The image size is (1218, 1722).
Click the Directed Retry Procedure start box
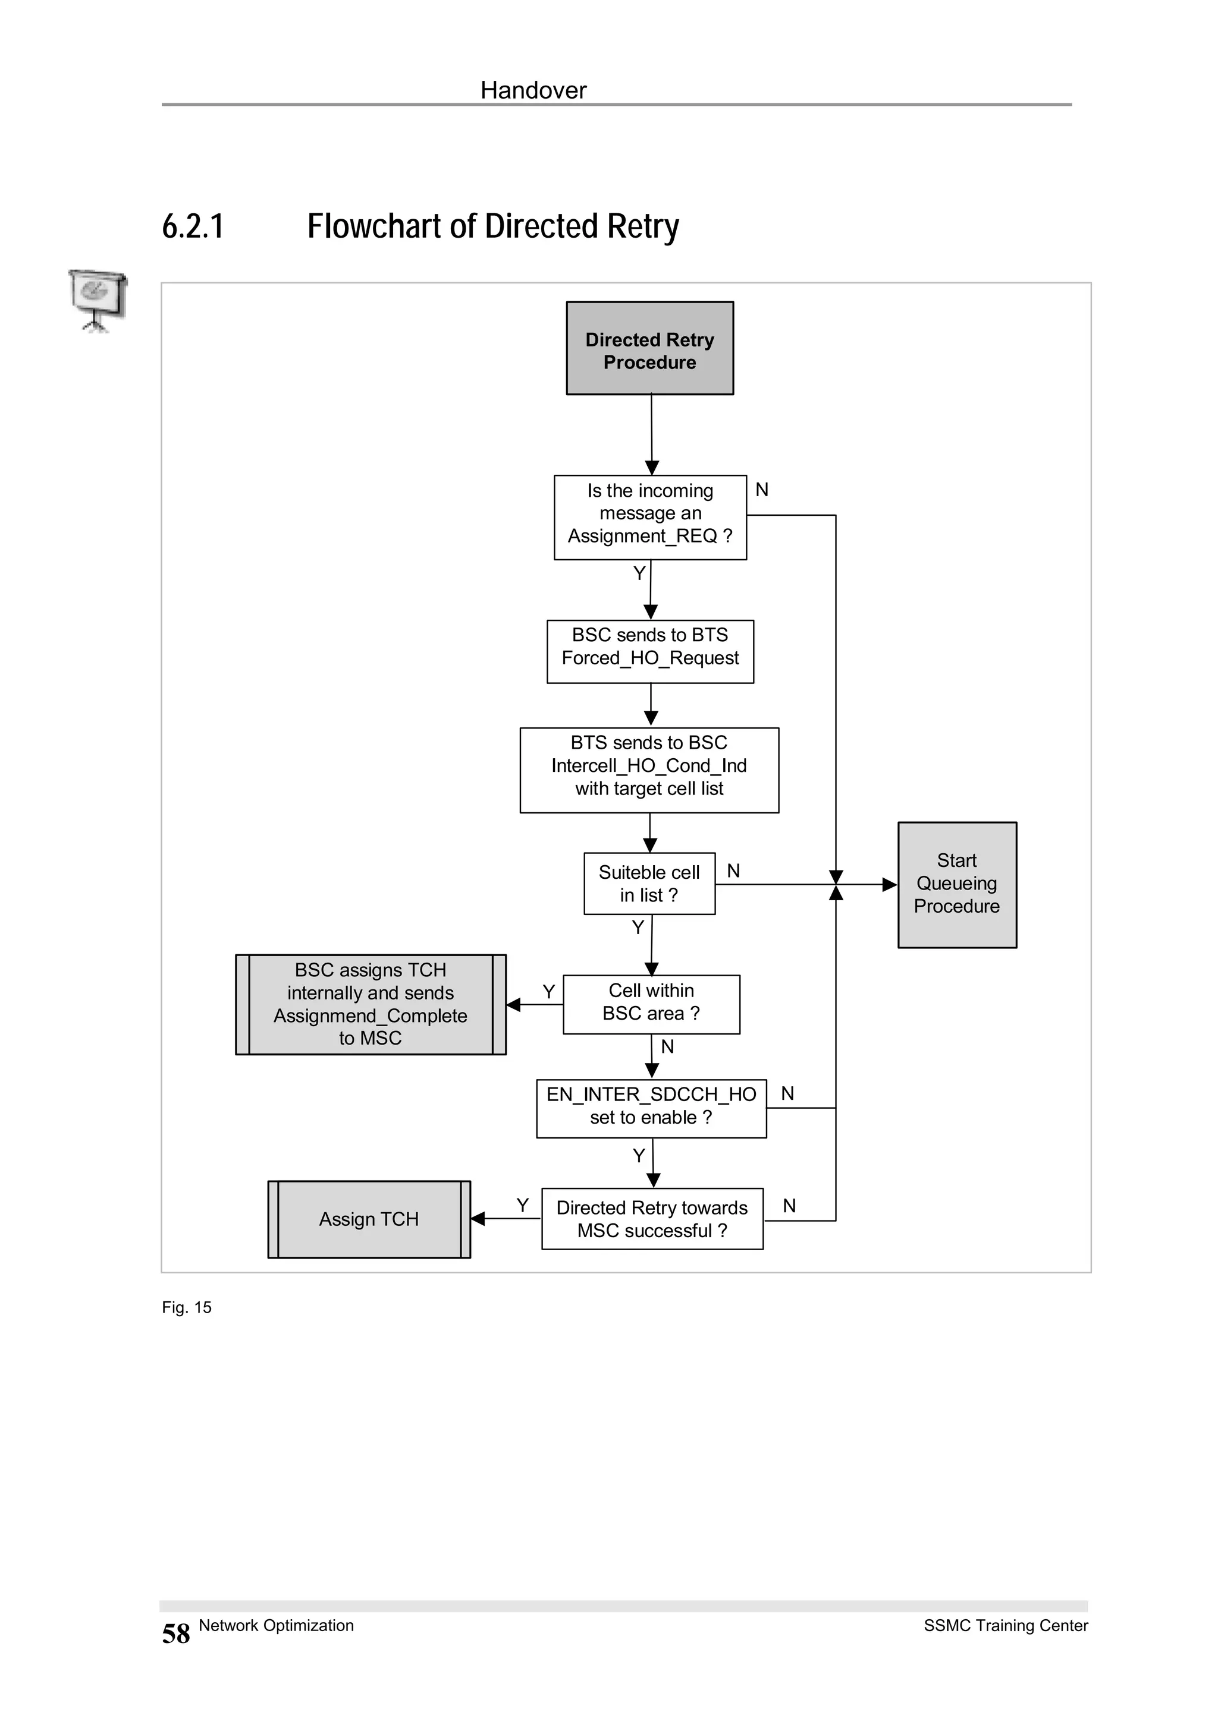pyautogui.click(x=649, y=349)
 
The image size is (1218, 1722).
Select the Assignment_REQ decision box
pyautogui.click(x=650, y=517)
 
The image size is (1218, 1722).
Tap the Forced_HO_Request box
pyautogui.click(x=650, y=651)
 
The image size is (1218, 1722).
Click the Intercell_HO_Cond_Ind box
pyautogui.click(x=649, y=769)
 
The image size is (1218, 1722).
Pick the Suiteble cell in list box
pyautogui.click(x=649, y=884)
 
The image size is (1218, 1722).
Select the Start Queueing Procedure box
pyautogui.click(x=957, y=884)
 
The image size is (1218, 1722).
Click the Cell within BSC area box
pyautogui.click(x=651, y=1004)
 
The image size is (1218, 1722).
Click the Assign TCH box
pyautogui.click(x=369, y=1219)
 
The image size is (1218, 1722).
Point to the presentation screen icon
pyautogui.click(x=97, y=299)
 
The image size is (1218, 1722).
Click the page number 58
pyautogui.click(x=175, y=1633)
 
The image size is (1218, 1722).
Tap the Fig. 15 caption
pyautogui.click(x=186, y=1307)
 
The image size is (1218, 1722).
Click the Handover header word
pyautogui.click(x=533, y=90)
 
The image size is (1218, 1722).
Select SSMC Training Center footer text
pyautogui.click(x=1005, y=1625)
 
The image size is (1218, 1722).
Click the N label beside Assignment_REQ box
pyautogui.click(x=762, y=490)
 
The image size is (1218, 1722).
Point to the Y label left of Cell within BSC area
pyautogui.click(x=548, y=992)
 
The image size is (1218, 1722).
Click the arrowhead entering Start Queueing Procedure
pyautogui.click(x=889, y=884)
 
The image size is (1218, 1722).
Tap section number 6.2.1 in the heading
pyautogui.click(x=193, y=226)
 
